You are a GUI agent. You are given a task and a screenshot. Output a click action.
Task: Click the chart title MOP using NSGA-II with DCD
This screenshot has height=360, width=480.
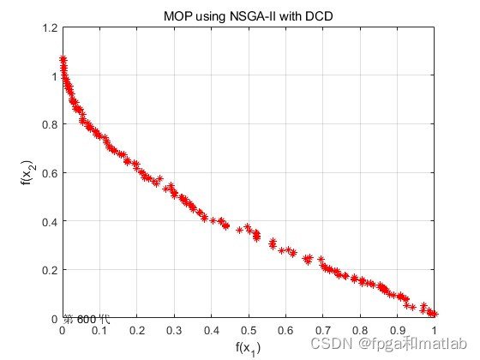click(248, 16)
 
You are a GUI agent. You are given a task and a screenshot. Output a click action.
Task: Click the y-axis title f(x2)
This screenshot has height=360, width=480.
click(27, 173)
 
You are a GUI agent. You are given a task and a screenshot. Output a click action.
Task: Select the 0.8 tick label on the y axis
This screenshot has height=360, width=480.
click(48, 124)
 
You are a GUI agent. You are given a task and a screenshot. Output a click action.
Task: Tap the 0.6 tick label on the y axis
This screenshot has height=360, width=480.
click(48, 173)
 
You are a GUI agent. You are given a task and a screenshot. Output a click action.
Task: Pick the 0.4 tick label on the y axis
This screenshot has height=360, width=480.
click(48, 222)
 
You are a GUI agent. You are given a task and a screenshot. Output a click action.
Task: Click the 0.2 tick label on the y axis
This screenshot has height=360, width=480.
click(48, 271)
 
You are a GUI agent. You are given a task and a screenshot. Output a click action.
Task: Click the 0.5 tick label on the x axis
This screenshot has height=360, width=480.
click(248, 329)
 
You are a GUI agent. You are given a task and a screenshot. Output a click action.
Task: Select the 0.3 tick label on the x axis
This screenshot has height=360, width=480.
click(174, 329)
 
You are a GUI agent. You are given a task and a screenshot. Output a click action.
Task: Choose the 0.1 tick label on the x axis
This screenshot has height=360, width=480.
click(99, 329)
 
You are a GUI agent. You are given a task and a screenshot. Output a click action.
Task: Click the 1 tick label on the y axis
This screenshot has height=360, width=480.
click(52, 76)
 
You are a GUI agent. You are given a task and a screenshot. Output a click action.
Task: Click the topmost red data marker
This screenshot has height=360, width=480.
click(63, 59)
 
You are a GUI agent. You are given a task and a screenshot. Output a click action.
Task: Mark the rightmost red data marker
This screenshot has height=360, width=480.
click(434, 315)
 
